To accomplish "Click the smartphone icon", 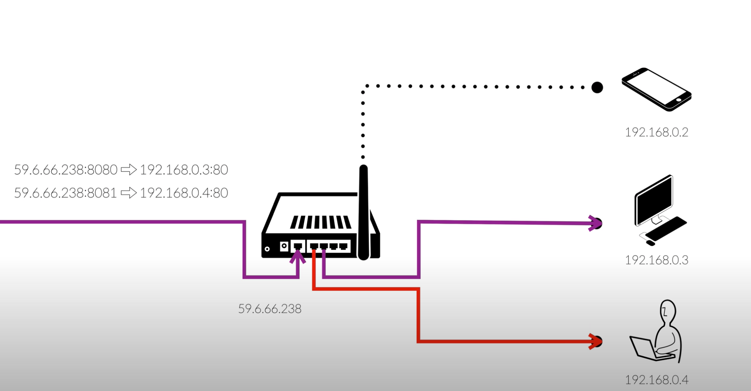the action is (x=656, y=89).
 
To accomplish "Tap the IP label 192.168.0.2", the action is (x=656, y=132).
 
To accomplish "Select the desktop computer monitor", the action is (x=654, y=200).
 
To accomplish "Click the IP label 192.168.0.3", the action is (x=656, y=260).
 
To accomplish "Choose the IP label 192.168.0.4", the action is (x=656, y=380).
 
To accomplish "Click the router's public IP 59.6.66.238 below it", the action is (x=269, y=309).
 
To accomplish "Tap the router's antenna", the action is (x=363, y=210).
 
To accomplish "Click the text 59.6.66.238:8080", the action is (x=66, y=170).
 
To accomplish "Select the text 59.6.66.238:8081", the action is (x=66, y=193).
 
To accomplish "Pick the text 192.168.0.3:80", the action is (x=184, y=170).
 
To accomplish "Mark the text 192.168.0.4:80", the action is (x=184, y=193).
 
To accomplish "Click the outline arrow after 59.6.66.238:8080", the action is (x=129, y=170).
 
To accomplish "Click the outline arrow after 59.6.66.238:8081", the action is (x=129, y=193).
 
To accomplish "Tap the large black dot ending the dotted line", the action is (x=597, y=87).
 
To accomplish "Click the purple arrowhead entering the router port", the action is (x=298, y=257).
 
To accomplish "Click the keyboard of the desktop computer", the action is (x=666, y=229).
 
